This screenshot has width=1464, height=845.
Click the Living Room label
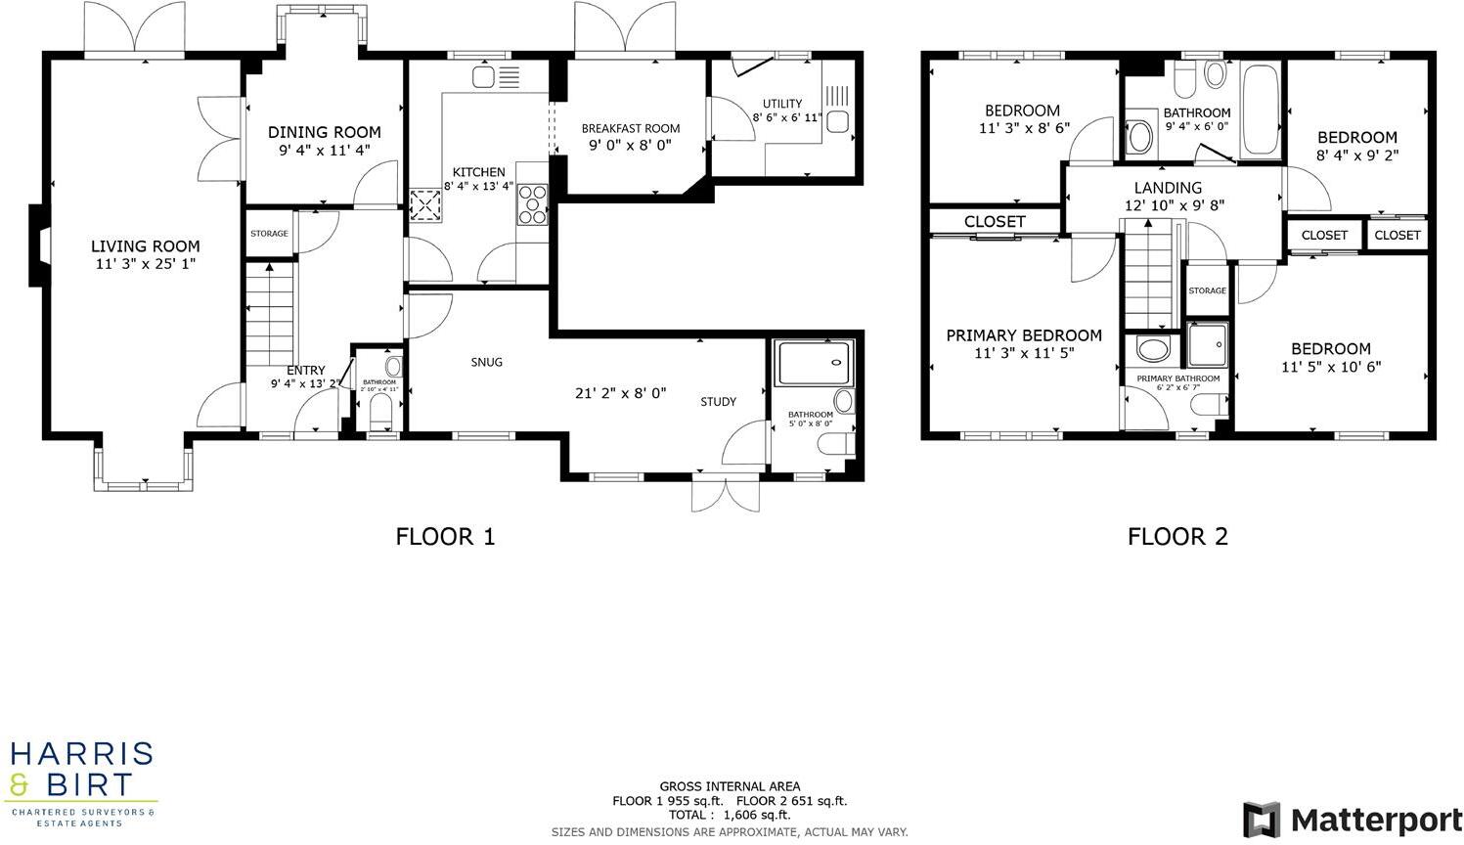(145, 246)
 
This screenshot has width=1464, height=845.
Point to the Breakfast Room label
(630, 128)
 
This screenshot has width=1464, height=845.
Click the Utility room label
(782, 104)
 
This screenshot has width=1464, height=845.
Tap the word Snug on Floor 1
(486, 362)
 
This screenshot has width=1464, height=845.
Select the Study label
(718, 402)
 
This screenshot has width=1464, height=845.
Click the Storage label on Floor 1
(269, 234)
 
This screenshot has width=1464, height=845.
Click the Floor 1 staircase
(268, 313)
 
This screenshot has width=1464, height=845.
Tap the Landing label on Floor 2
(1168, 188)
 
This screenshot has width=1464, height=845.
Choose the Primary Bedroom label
(1024, 335)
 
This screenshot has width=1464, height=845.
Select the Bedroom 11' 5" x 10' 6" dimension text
(1331, 367)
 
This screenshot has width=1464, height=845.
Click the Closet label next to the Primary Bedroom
(994, 222)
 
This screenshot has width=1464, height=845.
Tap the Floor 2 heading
(1177, 536)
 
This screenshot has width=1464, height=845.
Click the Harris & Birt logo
(82, 782)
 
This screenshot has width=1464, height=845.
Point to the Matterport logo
(1352, 819)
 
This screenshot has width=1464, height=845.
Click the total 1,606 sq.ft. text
(730, 815)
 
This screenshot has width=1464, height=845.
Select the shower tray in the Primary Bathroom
(1207, 343)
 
